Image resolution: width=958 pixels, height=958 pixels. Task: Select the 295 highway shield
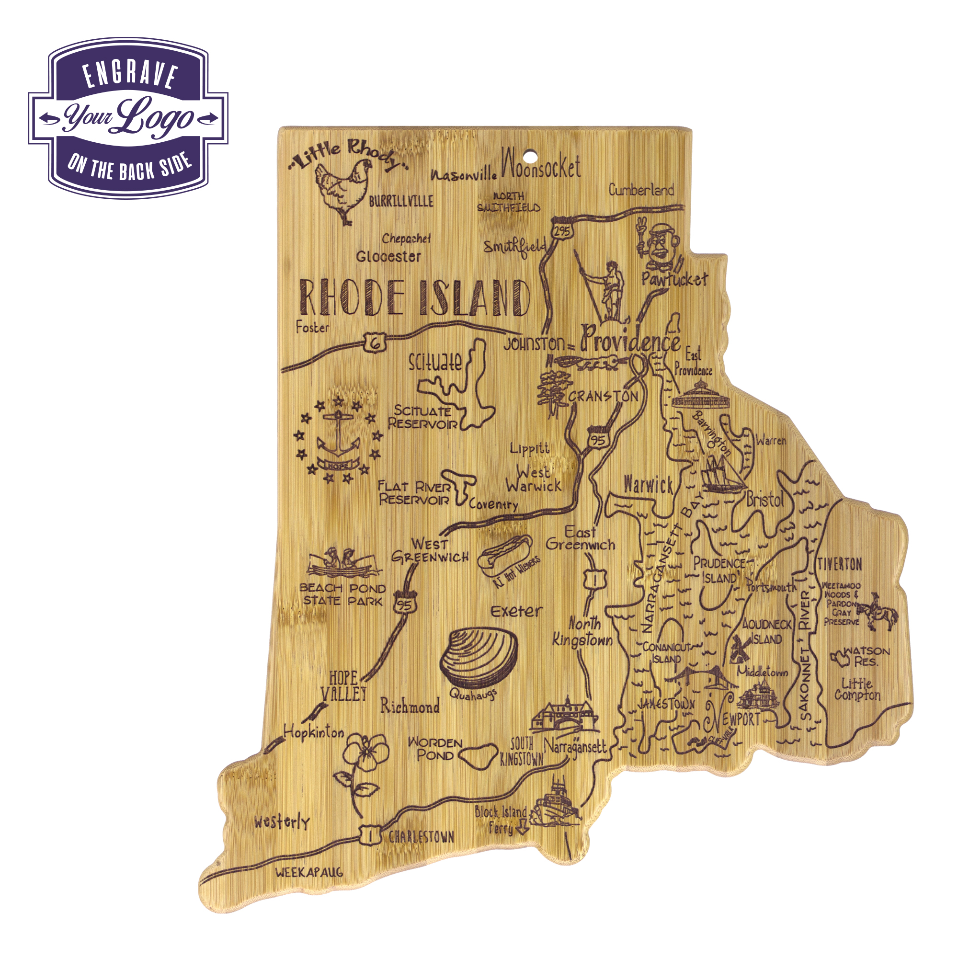click(x=561, y=230)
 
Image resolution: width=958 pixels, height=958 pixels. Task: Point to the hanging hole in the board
click(x=532, y=157)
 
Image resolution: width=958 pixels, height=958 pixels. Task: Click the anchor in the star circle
click(x=338, y=436)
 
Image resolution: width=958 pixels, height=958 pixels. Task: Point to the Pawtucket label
click(x=674, y=279)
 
